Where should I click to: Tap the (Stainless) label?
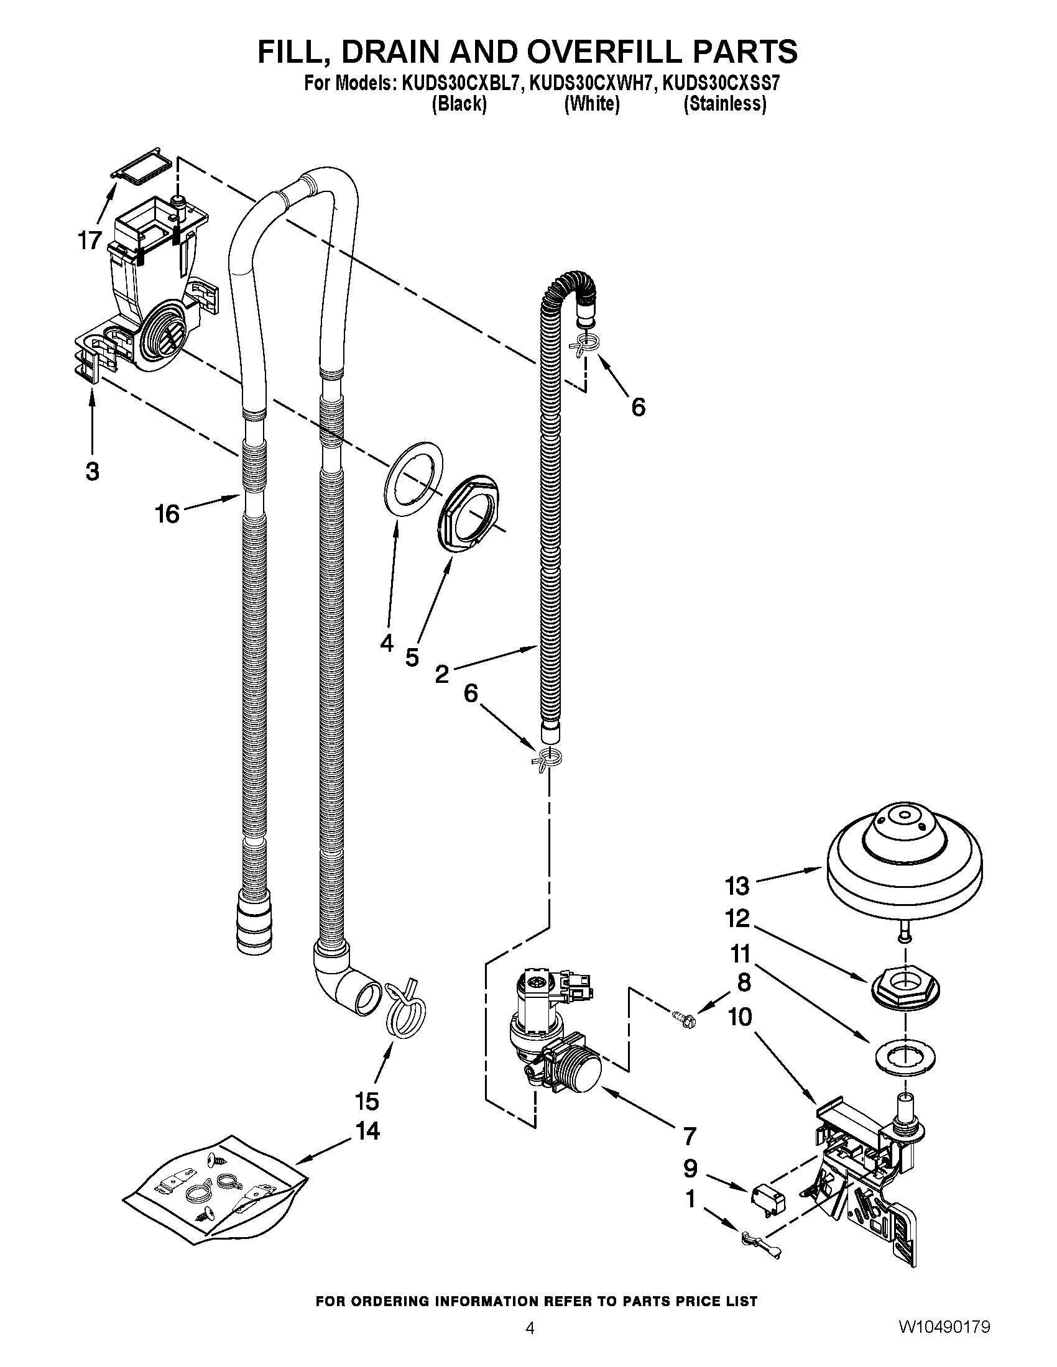click(724, 104)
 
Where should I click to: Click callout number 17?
click(90, 240)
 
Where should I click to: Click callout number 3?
click(92, 472)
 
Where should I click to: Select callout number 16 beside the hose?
click(167, 514)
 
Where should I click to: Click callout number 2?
click(442, 674)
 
